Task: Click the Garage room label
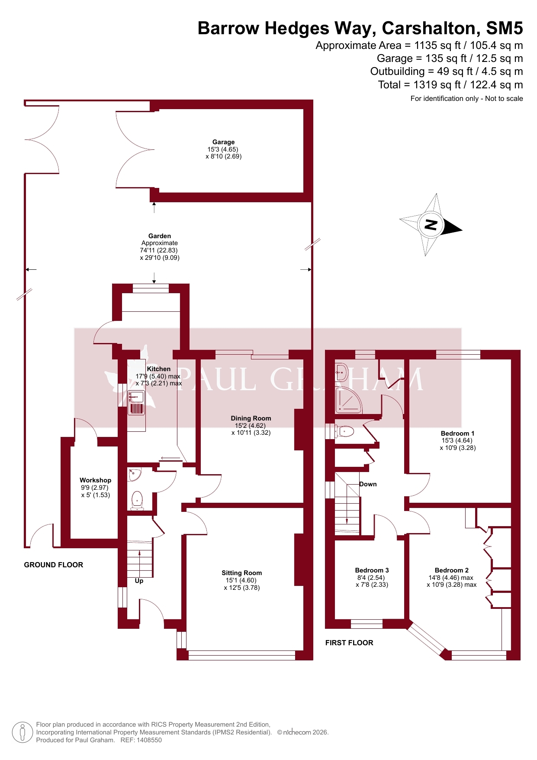[x=223, y=142]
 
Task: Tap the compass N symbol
[x=431, y=225]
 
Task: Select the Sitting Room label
[x=241, y=573]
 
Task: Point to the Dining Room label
[x=251, y=418]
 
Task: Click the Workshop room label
[x=95, y=480]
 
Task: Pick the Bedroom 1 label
[x=457, y=433]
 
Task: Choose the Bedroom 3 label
[x=372, y=570]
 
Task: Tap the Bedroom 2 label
[x=451, y=570]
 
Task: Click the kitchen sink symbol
[x=137, y=397]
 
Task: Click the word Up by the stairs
[x=139, y=581]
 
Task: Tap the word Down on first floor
[x=368, y=484]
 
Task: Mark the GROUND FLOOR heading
[x=53, y=565]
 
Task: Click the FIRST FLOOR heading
[x=349, y=643]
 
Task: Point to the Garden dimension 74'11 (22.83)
[x=158, y=250]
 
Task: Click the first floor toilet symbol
[x=346, y=431]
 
